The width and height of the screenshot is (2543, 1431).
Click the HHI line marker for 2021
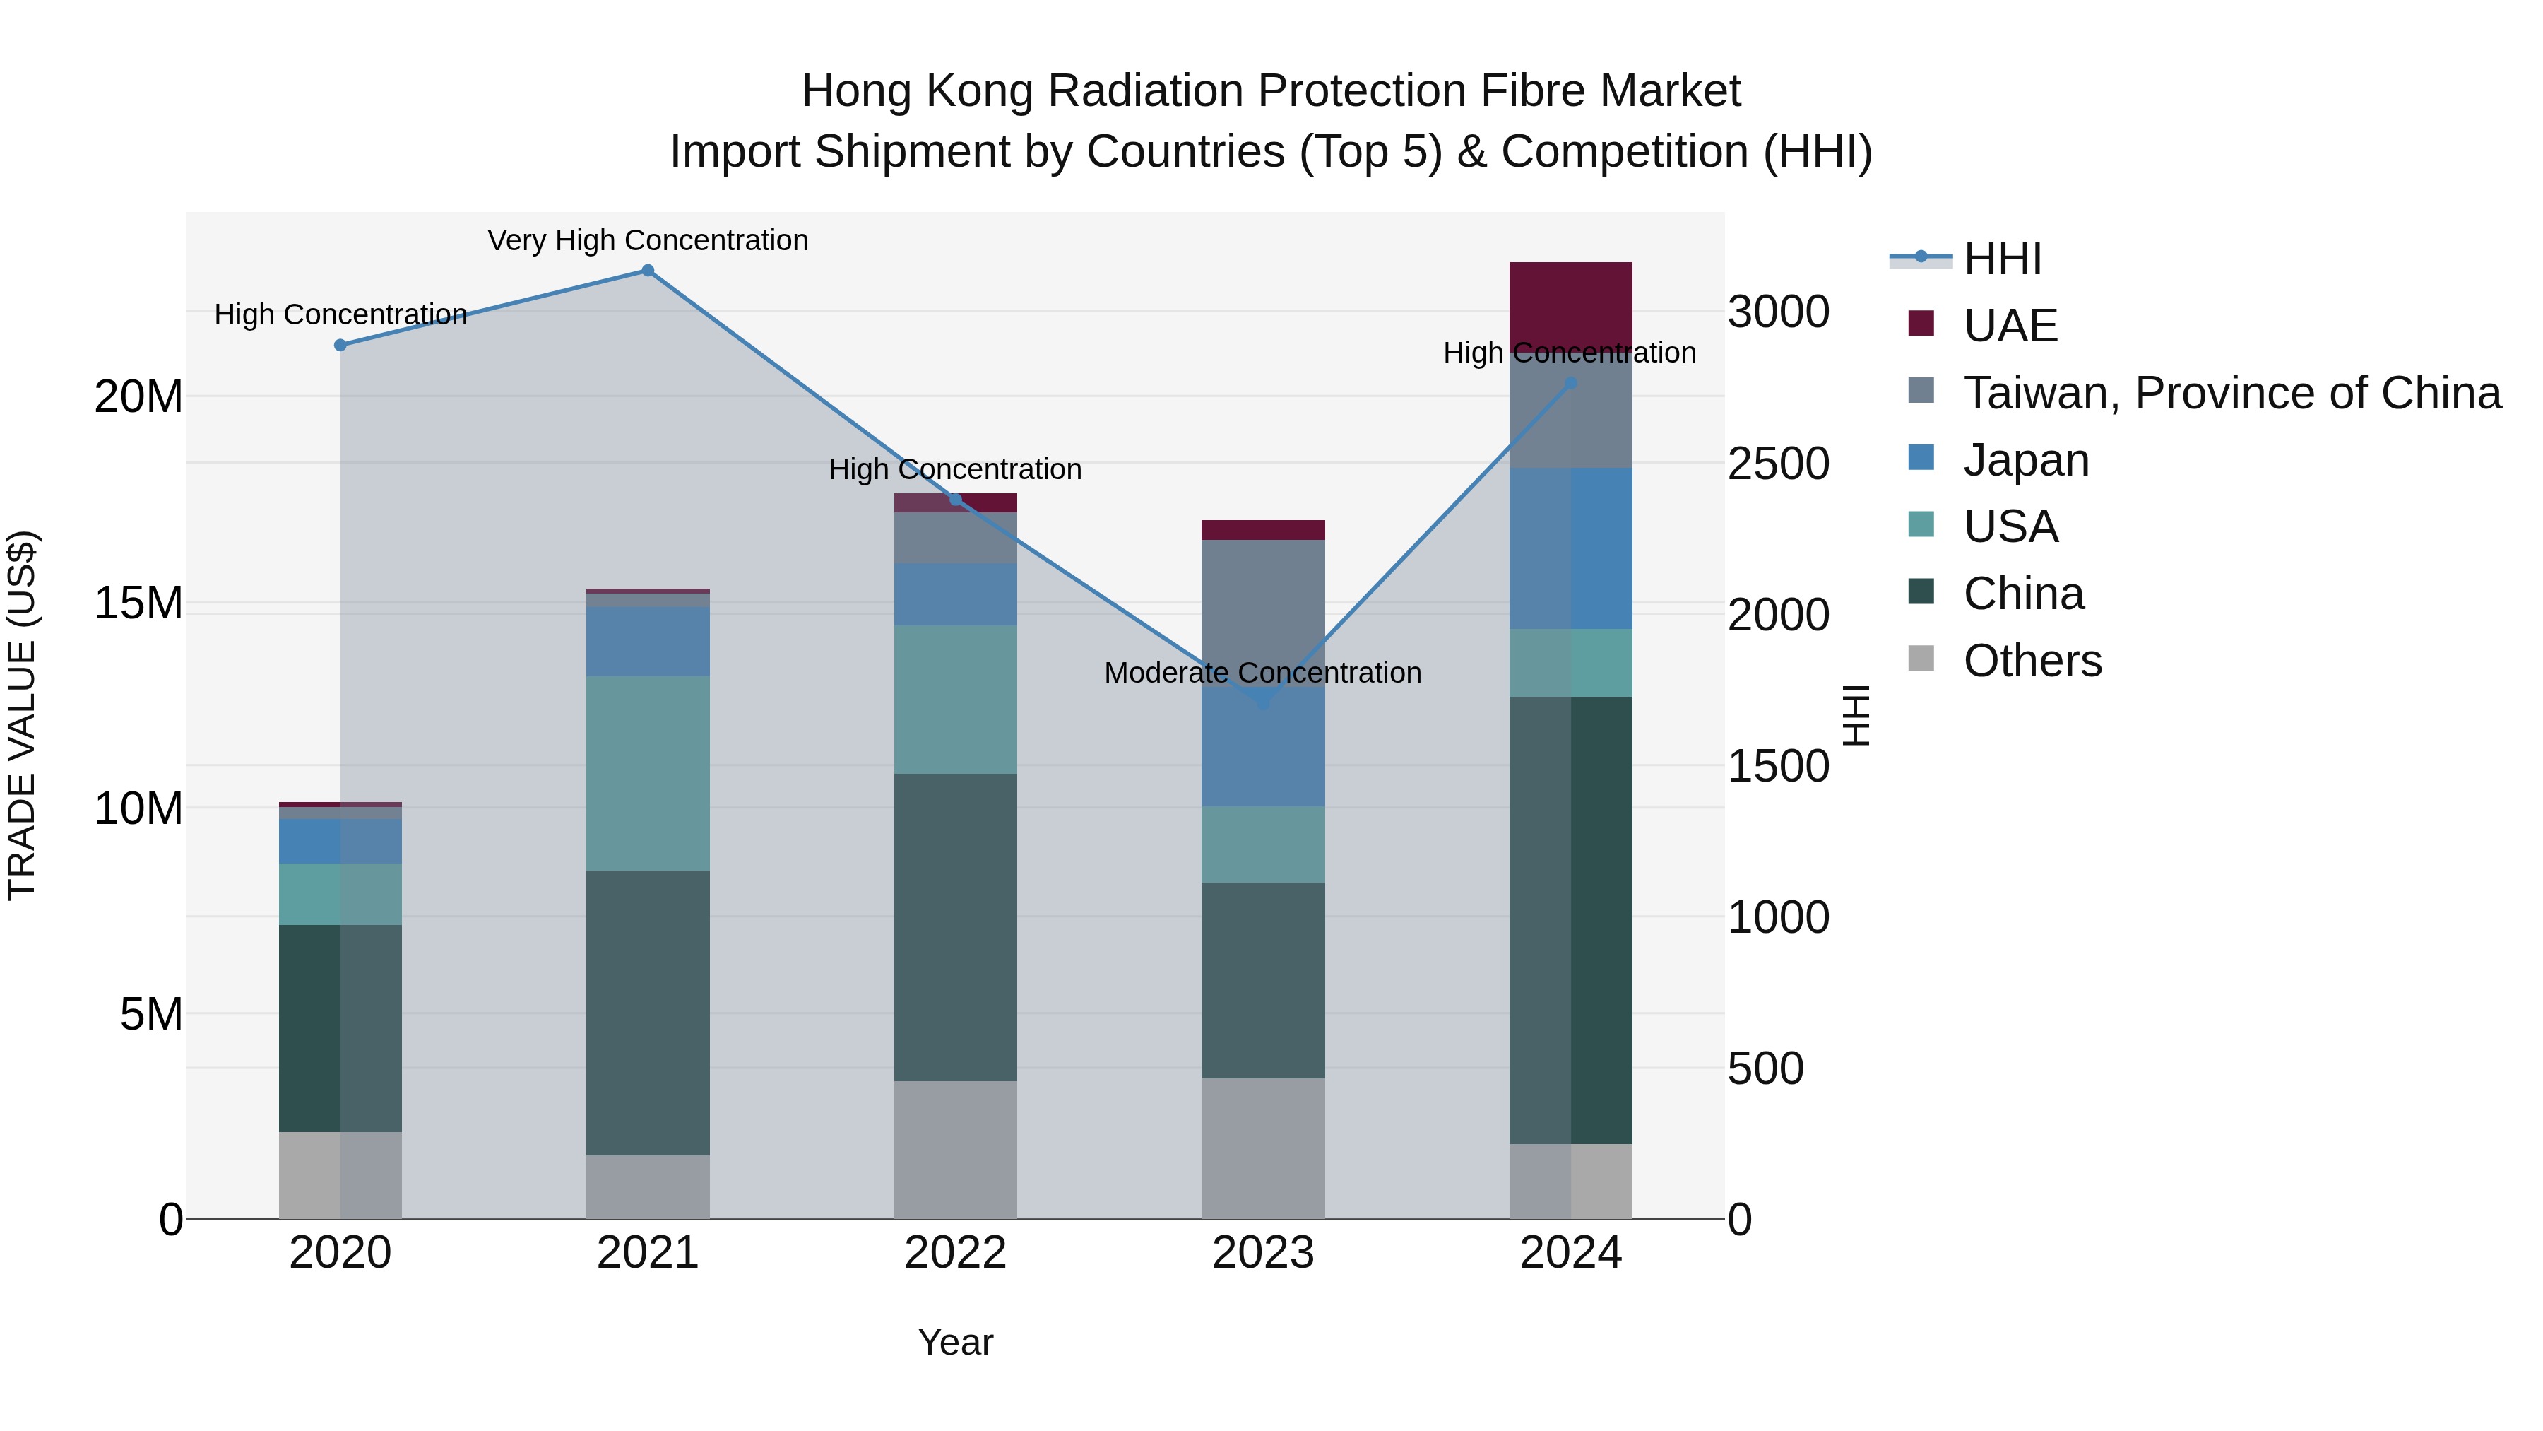click(648, 271)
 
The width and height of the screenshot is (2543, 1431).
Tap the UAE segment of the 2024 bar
click(1570, 304)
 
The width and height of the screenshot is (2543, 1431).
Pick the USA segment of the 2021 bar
click(648, 772)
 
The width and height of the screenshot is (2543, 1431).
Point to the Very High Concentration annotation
click(648, 240)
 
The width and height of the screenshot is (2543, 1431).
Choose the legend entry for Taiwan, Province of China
click(2231, 393)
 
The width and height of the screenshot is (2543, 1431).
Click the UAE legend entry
click(2010, 326)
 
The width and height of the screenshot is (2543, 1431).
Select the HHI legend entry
click(2002, 259)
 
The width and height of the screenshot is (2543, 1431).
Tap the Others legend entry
click(2032, 661)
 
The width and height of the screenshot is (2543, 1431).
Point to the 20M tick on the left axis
click(138, 397)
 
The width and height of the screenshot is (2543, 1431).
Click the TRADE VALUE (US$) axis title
click(22, 715)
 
